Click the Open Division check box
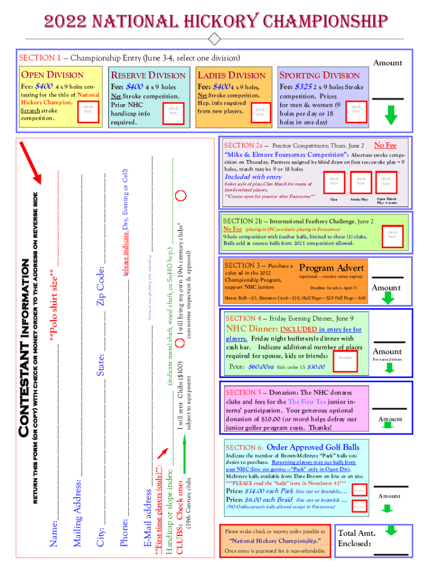(x=87, y=109)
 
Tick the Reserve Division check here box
(x=173, y=111)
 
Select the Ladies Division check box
(x=260, y=112)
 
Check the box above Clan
(x=334, y=182)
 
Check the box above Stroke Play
(x=361, y=182)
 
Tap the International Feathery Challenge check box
(x=392, y=234)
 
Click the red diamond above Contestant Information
(x=213, y=40)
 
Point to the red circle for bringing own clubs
(x=181, y=196)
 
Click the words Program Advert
(x=331, y=267)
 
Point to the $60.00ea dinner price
(x=260, y=367)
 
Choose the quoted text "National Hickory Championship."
(x=275, y=541)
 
